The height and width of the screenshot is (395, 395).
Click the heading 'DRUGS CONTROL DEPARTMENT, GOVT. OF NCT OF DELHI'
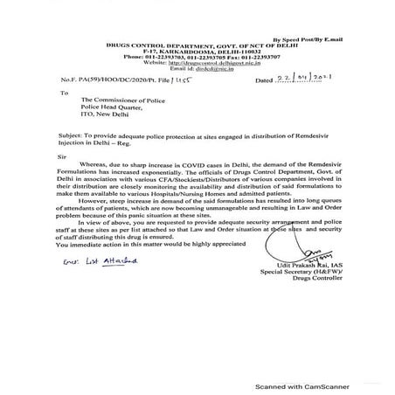click(195, 47)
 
